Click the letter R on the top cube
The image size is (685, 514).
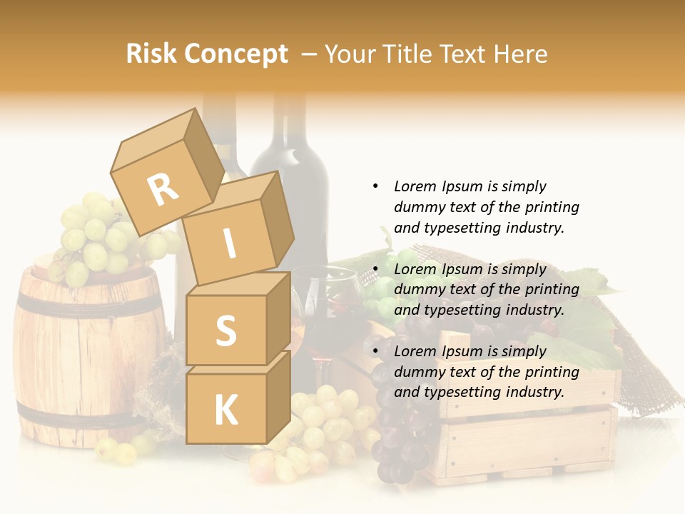163,188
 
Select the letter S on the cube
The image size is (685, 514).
225,330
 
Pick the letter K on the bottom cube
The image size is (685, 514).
225,410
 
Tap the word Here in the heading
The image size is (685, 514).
519,54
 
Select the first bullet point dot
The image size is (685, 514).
375,186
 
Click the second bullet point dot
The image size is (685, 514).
375,269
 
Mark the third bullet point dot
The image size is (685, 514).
375,351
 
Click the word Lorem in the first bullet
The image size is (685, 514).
415,186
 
